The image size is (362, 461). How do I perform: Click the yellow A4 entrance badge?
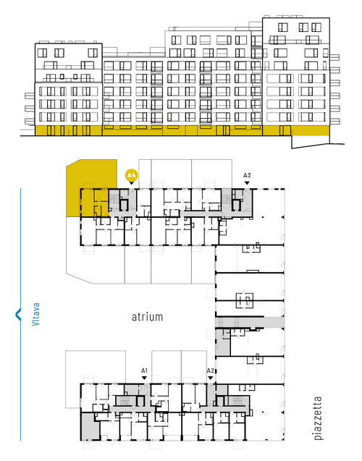pos(131,176)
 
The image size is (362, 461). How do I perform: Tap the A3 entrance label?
pos(247,176)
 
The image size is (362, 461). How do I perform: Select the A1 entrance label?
pos(144,371)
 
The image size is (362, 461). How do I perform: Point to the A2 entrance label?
pos(211,371)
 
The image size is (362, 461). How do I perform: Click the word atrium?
pos(147,317)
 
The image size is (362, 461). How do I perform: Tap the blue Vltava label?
pos(35,314)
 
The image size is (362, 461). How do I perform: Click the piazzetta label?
pos(318,418)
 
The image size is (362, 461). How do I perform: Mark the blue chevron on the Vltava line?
pos(18,314)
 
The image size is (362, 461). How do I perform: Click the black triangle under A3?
pos(247,183)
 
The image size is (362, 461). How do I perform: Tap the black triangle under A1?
pos(144,378)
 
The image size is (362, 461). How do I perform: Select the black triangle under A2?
pos(211,378)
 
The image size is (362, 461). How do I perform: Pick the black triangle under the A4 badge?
pos(132,183)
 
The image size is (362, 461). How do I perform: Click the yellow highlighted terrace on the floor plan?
pos(91,188)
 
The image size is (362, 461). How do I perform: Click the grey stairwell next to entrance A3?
pos(227,200)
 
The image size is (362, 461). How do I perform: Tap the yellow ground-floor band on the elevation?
pos(182,130)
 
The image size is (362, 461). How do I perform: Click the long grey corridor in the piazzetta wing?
pos(249,322)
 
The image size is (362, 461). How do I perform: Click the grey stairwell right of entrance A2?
pos(236,401)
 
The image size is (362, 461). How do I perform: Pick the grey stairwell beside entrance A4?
pos(114,200)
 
